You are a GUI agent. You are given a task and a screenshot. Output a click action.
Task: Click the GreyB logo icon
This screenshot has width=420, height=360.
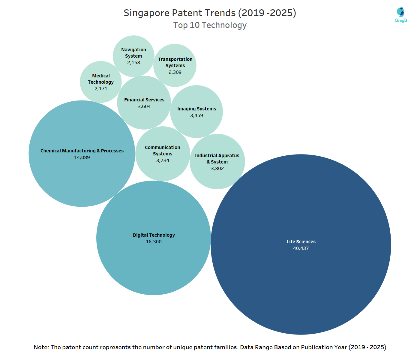click(x=400, y=12)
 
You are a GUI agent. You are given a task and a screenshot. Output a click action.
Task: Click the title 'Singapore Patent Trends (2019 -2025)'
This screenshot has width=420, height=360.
click(x=210, y=13)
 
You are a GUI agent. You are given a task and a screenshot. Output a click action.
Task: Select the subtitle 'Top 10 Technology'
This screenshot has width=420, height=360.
click(x=210, y=25)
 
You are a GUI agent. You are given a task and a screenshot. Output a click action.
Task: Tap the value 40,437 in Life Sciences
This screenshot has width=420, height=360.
click(x=301, y=248)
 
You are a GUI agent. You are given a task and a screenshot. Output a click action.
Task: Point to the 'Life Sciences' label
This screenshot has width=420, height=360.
click(x=301, y=241)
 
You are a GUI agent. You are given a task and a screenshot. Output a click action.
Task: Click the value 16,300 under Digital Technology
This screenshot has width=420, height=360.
click(x=154, y=242)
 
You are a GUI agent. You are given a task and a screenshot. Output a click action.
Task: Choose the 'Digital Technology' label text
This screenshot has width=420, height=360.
click(x=154, y=235)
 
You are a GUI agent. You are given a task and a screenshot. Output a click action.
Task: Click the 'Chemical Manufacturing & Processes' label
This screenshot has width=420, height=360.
click(x=82, y=151)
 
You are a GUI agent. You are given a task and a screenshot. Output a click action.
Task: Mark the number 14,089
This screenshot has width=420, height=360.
click(x=82, y=157)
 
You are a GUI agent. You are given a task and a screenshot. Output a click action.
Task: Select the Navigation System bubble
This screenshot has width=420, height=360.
click(x=133, y=56)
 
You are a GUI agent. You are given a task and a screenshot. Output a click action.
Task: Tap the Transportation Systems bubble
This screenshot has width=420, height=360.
click(x=175, y=65)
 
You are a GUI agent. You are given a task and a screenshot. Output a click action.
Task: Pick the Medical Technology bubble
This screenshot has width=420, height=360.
click(x=101, y=82)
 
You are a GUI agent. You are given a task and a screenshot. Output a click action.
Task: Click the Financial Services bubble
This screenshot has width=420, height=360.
click(x=144, y=103)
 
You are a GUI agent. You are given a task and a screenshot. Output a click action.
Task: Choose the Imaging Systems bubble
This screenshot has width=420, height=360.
click(x=196, y=112)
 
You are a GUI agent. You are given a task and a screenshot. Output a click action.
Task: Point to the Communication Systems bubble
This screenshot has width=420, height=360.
click(x=163, y=154)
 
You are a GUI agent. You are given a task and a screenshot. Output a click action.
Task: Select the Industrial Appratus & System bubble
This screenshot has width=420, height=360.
click(x=217, y=161)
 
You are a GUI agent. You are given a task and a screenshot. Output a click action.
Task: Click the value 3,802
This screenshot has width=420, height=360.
click(x=217, y=169)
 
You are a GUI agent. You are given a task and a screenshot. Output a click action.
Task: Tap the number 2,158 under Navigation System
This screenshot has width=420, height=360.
click(x=133, y=63)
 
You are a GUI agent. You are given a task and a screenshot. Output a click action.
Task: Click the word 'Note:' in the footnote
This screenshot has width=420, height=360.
click(x=41, y=347)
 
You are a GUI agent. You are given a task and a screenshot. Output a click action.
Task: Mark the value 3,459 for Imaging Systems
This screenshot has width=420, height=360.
click(x=196, y=115)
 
